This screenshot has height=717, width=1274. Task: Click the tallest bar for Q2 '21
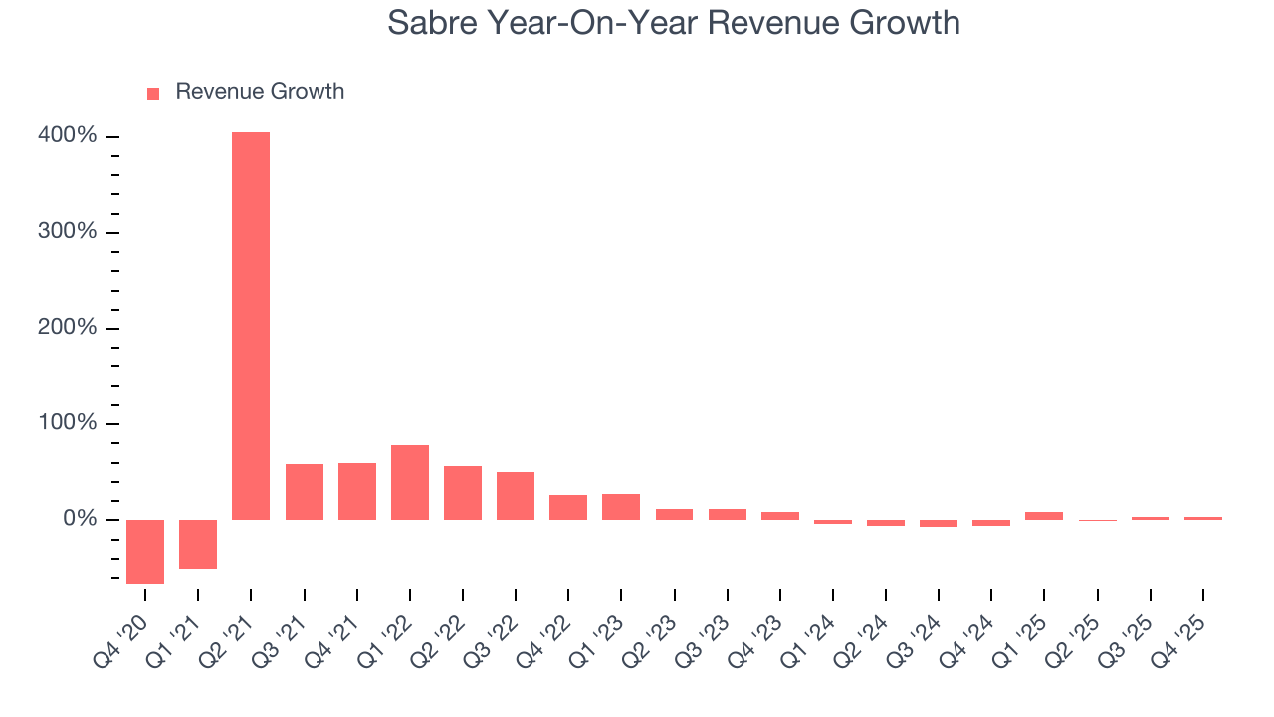point(251,326)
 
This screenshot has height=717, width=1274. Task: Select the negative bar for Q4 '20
point(145,551)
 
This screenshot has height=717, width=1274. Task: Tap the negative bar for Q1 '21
point(198,544)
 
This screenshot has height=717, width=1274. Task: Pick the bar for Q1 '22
point(410,482)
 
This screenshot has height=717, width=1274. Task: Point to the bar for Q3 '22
point(516,495)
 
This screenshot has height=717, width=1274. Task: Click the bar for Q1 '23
point(621,506)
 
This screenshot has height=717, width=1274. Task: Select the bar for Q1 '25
point(1044,515)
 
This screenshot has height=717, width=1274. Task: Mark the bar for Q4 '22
point(568,507)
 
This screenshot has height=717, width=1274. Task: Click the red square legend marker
point(153,93)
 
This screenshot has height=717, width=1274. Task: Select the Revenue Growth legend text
point(260,92)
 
